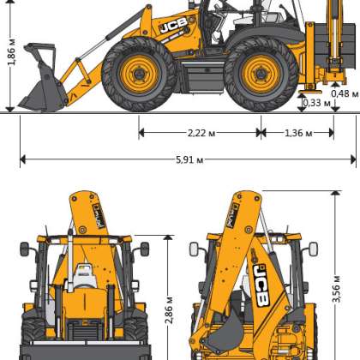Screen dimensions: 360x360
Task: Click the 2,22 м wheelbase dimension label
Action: tap(201, 133)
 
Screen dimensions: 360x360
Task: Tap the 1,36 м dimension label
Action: tap(298, 133)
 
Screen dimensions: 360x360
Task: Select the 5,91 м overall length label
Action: tap(189, 159)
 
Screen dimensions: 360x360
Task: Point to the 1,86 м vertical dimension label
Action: tap(12, 52)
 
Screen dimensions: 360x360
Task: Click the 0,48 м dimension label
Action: tap(345, 93)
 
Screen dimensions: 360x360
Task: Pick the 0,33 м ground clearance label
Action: tap(316, 103)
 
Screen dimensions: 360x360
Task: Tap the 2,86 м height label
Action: tap(169, 310)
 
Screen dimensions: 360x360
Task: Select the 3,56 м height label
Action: tap(336, 289)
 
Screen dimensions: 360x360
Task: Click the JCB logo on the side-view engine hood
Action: tap(174, 25)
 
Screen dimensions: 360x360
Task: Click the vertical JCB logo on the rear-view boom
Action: tap(261, 285)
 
